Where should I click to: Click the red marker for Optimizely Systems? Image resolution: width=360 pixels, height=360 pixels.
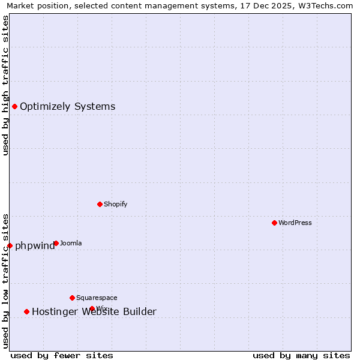click(14, 106)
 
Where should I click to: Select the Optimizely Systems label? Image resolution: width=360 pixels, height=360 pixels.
click(67, 107)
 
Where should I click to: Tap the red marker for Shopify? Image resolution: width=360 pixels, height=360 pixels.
click(100, 204)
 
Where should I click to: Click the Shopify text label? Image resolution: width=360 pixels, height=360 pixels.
click(115, 204)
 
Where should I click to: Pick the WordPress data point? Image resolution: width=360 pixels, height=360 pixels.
click(274, 223)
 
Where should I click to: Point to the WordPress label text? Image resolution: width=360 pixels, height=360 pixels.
click(295, 223)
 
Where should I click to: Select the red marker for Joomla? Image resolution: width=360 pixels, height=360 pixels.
click(56, 243)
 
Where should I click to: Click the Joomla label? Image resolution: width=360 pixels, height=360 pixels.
click(71, 243)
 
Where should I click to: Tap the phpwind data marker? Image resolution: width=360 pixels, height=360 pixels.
click(10, 245)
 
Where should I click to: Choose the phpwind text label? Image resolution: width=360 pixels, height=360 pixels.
click(34, 246)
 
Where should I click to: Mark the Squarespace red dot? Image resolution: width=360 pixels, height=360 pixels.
click(72, 298)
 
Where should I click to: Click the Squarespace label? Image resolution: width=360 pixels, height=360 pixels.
click(97, 298)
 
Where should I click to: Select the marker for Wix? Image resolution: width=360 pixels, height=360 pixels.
click(92, 308)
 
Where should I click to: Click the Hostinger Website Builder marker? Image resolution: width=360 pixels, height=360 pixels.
click(26, 311)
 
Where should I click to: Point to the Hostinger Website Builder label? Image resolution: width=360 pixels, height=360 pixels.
click(94, 311)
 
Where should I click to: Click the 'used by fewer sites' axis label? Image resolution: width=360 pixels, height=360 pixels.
click(62, 355)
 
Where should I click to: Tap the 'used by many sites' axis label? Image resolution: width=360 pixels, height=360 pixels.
click(301, 355)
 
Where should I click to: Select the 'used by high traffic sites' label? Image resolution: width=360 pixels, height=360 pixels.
click(5, 85)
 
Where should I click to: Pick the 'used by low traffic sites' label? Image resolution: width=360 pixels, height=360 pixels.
click(5, 281)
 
